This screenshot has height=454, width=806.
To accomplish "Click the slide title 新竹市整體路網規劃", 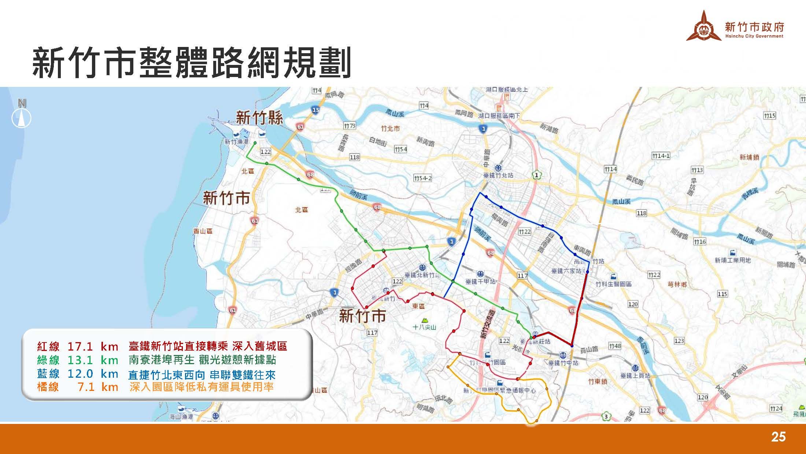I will click(191, 63).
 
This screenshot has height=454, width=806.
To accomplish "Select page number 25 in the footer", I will click(778, 437).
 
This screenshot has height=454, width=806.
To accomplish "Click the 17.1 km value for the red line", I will click(93, 346).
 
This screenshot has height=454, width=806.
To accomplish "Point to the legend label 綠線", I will click(48, 360).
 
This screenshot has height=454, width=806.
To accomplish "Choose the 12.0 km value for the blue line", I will click(93, 374).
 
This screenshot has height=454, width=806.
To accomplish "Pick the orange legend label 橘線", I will click(48, 387).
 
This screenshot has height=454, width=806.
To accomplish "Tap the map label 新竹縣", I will click(259, 118).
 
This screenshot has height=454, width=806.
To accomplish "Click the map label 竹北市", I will click(390, 128).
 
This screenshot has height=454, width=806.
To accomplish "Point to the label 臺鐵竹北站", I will click(498, 175).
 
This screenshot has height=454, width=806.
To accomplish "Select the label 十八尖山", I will click(424, 327).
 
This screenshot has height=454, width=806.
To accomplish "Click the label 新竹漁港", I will click(236, 142).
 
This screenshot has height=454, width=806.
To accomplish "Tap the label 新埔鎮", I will click(749, 157).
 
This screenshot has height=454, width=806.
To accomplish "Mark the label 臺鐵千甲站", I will click(480, 281).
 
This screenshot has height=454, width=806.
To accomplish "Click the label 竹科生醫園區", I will click(613, 284).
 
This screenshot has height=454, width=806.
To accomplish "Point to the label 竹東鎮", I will click(598, 381).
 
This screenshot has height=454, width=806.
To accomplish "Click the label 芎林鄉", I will click(677, 284).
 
